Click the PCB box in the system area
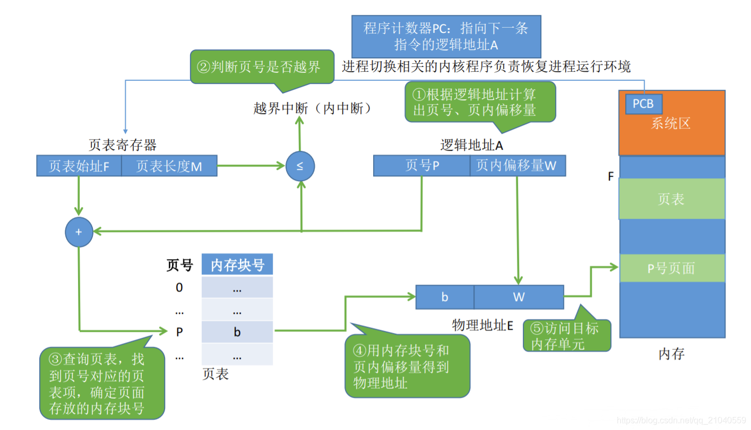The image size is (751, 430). tap(643, 104)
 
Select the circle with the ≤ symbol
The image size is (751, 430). tap(300, 166)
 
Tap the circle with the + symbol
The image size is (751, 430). tap(79, 231)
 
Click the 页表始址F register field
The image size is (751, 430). tap(79, 166)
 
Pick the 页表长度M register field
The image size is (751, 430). tap(169, 166)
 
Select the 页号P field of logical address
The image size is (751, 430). tap(422, 166)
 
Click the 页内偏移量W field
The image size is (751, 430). tap(517, 166)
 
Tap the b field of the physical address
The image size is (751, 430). tap(445, 297)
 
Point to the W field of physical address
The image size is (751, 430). tap(519, 297)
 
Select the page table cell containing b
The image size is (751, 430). tap(237, 332)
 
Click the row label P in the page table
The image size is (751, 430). tap(179, 332)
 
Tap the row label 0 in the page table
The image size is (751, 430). tap(179, 287)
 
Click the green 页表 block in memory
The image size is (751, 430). tap(671, 199)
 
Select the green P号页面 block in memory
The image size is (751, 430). tap(671, 268)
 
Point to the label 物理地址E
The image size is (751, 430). tap(482, 325)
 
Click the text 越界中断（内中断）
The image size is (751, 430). tap(312, 108)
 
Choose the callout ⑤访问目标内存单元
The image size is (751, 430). tap(566, 336)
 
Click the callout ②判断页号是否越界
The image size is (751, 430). tap(262, 67)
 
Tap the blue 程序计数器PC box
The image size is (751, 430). tap(446, 36)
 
